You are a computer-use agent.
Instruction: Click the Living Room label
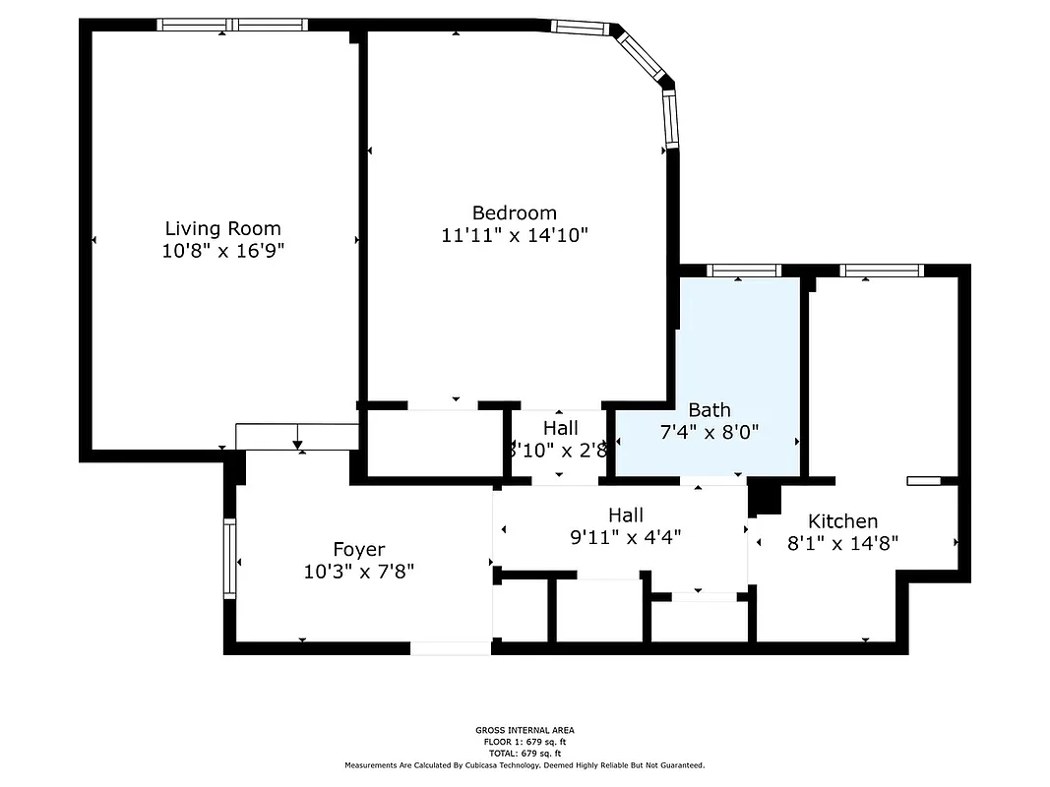coord(222,228)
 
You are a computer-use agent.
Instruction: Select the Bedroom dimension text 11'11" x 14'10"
coord(515,235)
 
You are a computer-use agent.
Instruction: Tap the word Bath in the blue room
coord(709,410)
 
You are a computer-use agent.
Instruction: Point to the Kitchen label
coord(842,521)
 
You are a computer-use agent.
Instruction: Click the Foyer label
coord(358,550)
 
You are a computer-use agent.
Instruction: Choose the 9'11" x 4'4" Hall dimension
coord(626,537)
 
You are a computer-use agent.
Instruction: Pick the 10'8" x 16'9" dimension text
coord(222,251)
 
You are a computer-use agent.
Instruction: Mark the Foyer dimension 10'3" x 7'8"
coord(358,572)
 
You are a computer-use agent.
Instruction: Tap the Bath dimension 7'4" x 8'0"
coord(709,431)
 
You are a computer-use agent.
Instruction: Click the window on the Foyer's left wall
coord(229,559)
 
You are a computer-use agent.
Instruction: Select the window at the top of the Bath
coord(743,271)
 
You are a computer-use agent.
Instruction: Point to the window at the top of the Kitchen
coord(881,271)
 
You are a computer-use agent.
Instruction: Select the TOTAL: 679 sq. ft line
coord(525,753)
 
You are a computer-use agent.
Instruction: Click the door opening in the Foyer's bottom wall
coord(450,648)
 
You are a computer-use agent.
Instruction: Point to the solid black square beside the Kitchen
coord(764,499)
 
